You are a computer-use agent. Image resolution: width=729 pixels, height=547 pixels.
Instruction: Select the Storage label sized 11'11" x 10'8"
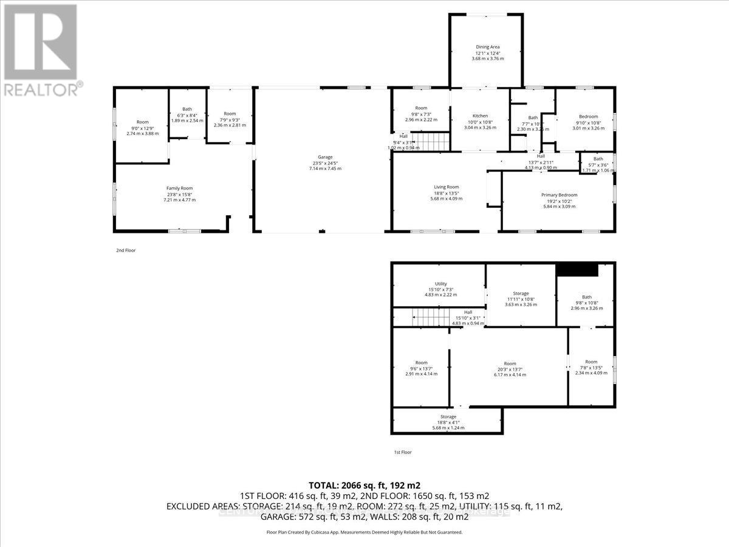point(521,297)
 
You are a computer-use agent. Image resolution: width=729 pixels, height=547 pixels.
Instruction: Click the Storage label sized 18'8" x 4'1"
point(448,421)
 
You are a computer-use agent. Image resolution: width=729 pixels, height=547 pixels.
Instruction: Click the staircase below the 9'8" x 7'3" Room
point(431,142)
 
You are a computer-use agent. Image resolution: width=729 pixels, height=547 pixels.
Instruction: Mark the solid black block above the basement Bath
point(578,270)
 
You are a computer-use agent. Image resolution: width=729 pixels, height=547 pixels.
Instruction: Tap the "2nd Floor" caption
point(126,250)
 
